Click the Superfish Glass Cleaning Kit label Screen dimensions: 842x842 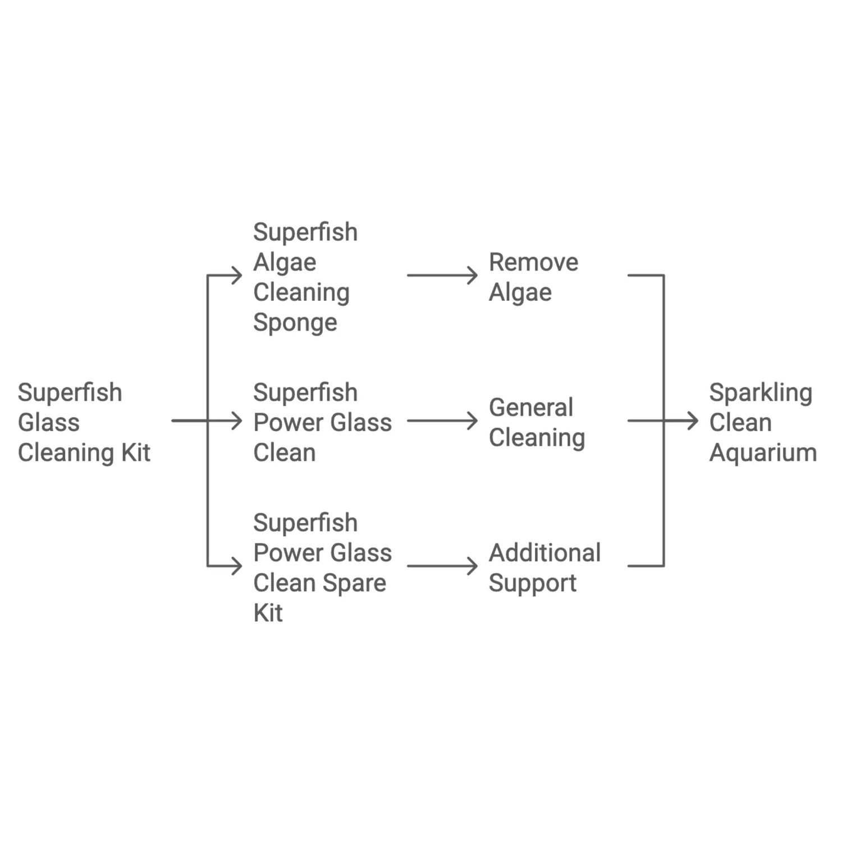tap(84, 422)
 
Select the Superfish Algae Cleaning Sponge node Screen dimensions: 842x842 tap(305, 277)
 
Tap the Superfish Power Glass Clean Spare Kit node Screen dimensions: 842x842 tap(322, 568)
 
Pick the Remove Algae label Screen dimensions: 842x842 tap(533, 277)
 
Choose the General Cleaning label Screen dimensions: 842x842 tap(536, 422)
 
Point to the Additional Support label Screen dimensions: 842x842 tap(544, 568)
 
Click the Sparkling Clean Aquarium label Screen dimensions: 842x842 tap(762, 422)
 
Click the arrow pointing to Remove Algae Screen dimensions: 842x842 tap(442, 275)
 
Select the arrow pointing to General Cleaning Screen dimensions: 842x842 tap(442, 420)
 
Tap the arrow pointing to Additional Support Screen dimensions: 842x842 tap(442, 566)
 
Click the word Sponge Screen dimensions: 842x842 tap(295, 323)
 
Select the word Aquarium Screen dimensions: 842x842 tap(762, 452)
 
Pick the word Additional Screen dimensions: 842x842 tap(544, 553)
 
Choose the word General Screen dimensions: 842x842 tap(531, 408)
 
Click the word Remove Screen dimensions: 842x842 tap(533, 262)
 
